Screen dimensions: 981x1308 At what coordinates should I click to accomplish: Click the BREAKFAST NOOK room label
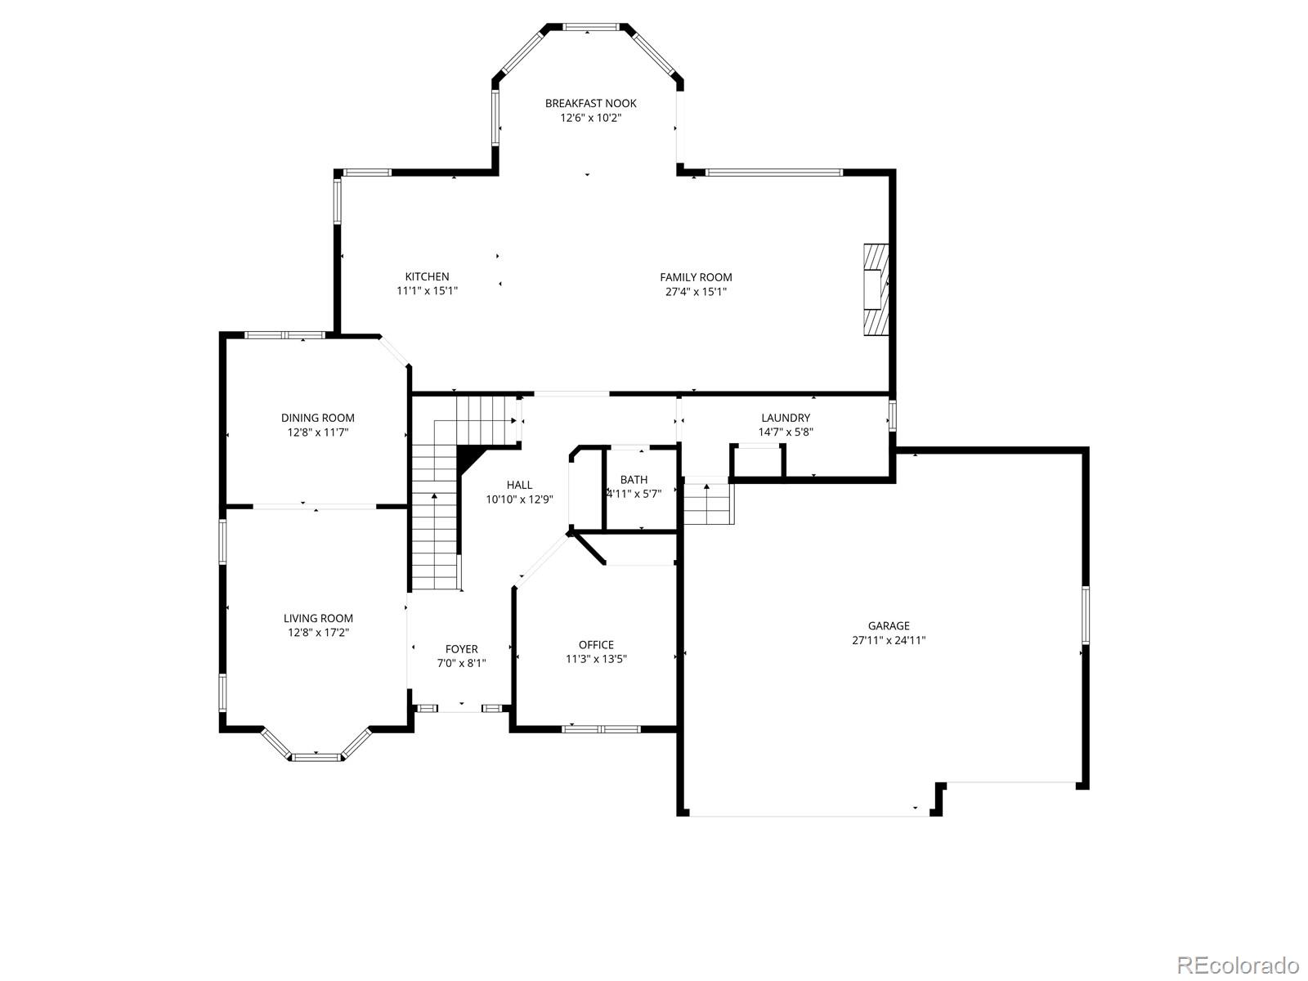tap(590, 103)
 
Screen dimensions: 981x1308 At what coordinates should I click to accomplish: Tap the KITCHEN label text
tap(427, 276)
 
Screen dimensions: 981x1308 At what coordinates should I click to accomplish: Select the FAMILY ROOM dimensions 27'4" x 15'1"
tap(696, 291)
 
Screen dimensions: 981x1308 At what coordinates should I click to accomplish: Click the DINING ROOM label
tap(318, 418)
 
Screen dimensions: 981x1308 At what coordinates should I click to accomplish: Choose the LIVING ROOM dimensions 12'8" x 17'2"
tap(318, 633)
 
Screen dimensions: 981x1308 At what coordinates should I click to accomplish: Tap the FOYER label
tap(462, 649)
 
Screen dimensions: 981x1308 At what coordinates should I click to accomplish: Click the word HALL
tap(519, 485)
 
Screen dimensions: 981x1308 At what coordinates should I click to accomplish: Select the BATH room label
tap(634, 480)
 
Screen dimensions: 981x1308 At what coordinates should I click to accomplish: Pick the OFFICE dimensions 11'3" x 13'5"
tap(596, 659)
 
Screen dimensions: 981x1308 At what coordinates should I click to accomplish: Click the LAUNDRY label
tap(786, 418)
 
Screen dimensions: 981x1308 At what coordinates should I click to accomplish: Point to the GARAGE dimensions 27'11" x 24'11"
tap(889, 641)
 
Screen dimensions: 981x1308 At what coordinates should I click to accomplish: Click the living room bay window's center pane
tap(317, 756)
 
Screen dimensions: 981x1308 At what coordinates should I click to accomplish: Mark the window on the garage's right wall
tap(1086, 615)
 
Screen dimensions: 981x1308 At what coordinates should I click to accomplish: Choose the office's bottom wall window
tap(602, 728)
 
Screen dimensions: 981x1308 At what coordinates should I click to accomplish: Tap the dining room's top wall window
tap(284, 334)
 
